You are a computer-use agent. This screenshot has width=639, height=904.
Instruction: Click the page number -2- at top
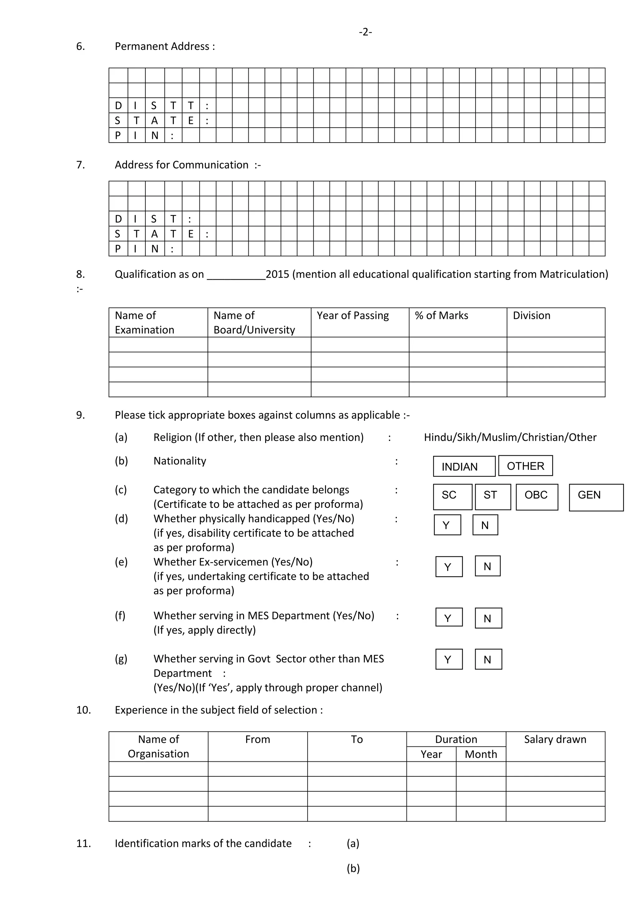click(x=365, y=32)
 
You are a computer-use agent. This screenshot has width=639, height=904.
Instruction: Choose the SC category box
click(x=452, y=496)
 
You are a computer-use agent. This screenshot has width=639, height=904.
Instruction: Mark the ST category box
click(x=493, y=496)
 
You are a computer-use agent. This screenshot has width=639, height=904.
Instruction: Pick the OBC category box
click(x=537, y=496)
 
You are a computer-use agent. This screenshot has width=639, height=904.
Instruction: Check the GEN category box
click(x=596, y=497)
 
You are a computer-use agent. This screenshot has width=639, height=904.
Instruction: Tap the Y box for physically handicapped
click(x=447, y=525)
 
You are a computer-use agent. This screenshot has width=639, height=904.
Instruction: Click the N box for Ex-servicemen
click(x=487, y=566)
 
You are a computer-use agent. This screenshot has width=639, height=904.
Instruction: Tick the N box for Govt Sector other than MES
click(x=488, y=659)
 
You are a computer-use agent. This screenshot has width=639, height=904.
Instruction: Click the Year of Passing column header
click(x=353, y=315)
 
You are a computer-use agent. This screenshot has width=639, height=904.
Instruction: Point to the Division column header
click(x=532, y=315)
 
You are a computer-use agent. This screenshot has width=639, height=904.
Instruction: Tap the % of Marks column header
click(x=441, y=315)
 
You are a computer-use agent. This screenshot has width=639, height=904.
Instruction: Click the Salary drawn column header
click(x=555, y=740)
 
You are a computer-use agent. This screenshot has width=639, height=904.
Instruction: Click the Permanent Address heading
click(x=164, y=46)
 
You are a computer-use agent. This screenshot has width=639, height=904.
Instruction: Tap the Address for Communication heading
click(x=182, y=165)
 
